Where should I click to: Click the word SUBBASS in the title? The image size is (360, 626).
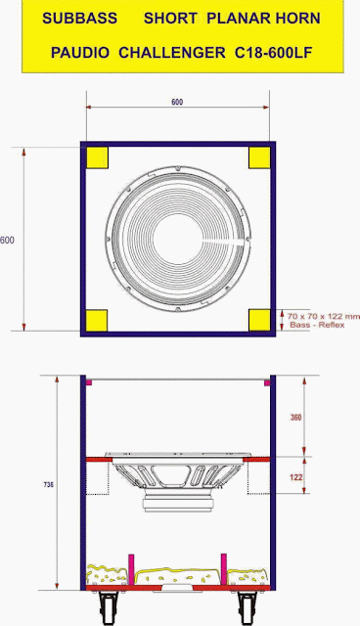pyautogui.click(x=80, y=19)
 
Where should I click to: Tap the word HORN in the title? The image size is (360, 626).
pyautogui.click(x=298, y=19)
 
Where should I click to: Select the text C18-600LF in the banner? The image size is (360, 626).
pyautogui.click(x=273, y=53)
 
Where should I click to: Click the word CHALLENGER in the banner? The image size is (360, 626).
pyautogui.click(x=172, y=53)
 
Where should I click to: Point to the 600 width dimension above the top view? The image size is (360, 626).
pyautogui.click(x=177, y=102)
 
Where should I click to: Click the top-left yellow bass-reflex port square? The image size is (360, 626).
pyautogui.click(x=97, y=157)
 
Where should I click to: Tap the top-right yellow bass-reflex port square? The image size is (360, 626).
pyautogui.click(x=259, y=157)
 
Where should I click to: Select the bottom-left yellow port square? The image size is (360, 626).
pyautogui.click(x=97, y=320)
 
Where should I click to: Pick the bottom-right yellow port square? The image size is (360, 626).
pyautogui.click(x=259, y=320)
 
